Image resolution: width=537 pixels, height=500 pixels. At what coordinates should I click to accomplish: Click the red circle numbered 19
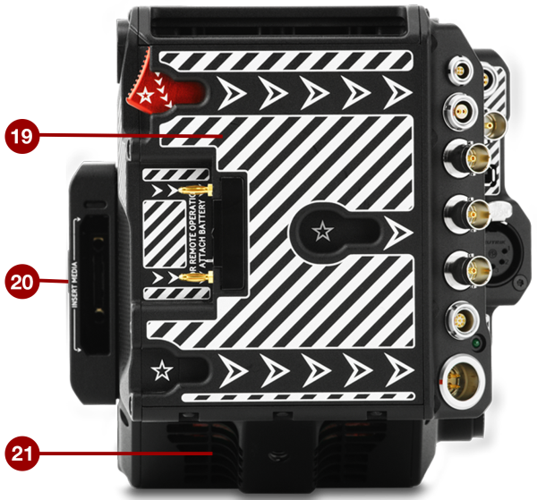(x=21, y=137)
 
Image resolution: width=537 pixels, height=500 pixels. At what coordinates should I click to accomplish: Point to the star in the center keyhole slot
(x=320, y=232)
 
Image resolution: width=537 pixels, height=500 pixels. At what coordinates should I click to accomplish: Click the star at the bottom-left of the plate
(x=162, y=369)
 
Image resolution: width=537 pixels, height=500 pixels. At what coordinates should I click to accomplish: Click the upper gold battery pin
(x=196, y=191)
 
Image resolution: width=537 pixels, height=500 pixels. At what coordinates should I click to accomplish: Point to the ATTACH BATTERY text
(x=204, y=235)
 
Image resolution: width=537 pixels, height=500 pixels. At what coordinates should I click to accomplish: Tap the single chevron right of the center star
(x=400, y=234)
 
